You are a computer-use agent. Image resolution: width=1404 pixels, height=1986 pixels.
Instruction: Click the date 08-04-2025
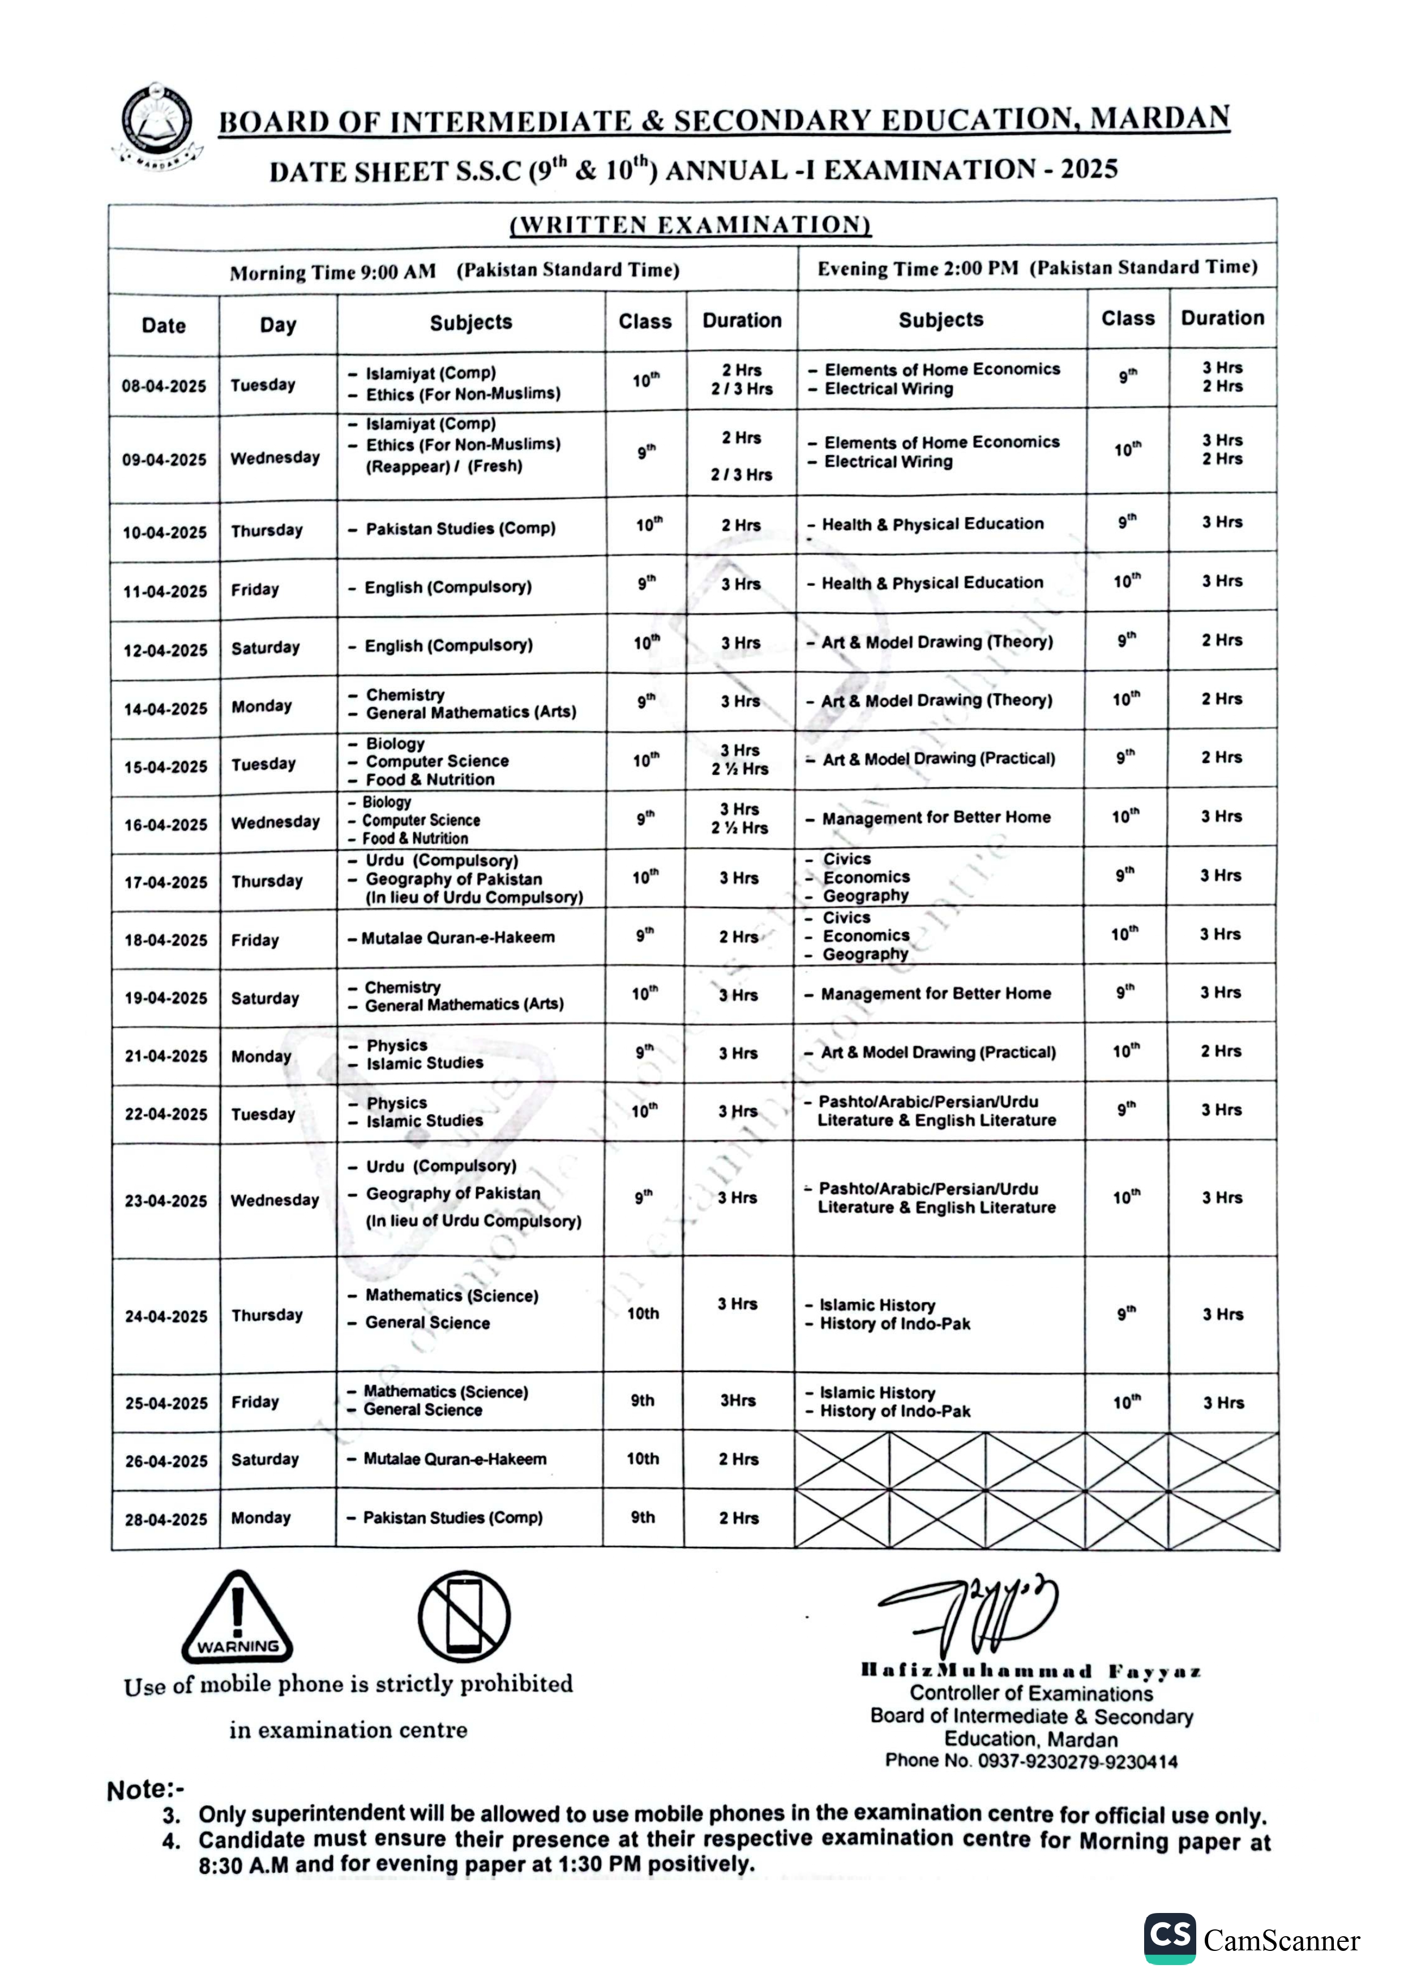pos(164,386)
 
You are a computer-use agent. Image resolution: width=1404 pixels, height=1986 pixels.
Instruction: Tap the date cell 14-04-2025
pos(165,709)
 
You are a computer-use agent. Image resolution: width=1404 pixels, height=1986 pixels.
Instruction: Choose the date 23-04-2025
pos(165,1200)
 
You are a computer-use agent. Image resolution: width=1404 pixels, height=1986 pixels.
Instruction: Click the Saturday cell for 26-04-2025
pos(265,1459)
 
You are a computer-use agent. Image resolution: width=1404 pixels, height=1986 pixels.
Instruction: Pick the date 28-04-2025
pos(165,1519)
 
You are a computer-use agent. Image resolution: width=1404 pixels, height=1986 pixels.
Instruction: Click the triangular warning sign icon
pos(237,1618)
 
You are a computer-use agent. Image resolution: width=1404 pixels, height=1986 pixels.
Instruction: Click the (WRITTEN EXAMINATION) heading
pos(690,225)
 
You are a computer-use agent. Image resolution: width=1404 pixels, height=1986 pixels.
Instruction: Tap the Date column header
pos(164,325)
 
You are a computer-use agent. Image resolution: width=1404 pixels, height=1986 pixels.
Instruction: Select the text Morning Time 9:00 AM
pos(332,272)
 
